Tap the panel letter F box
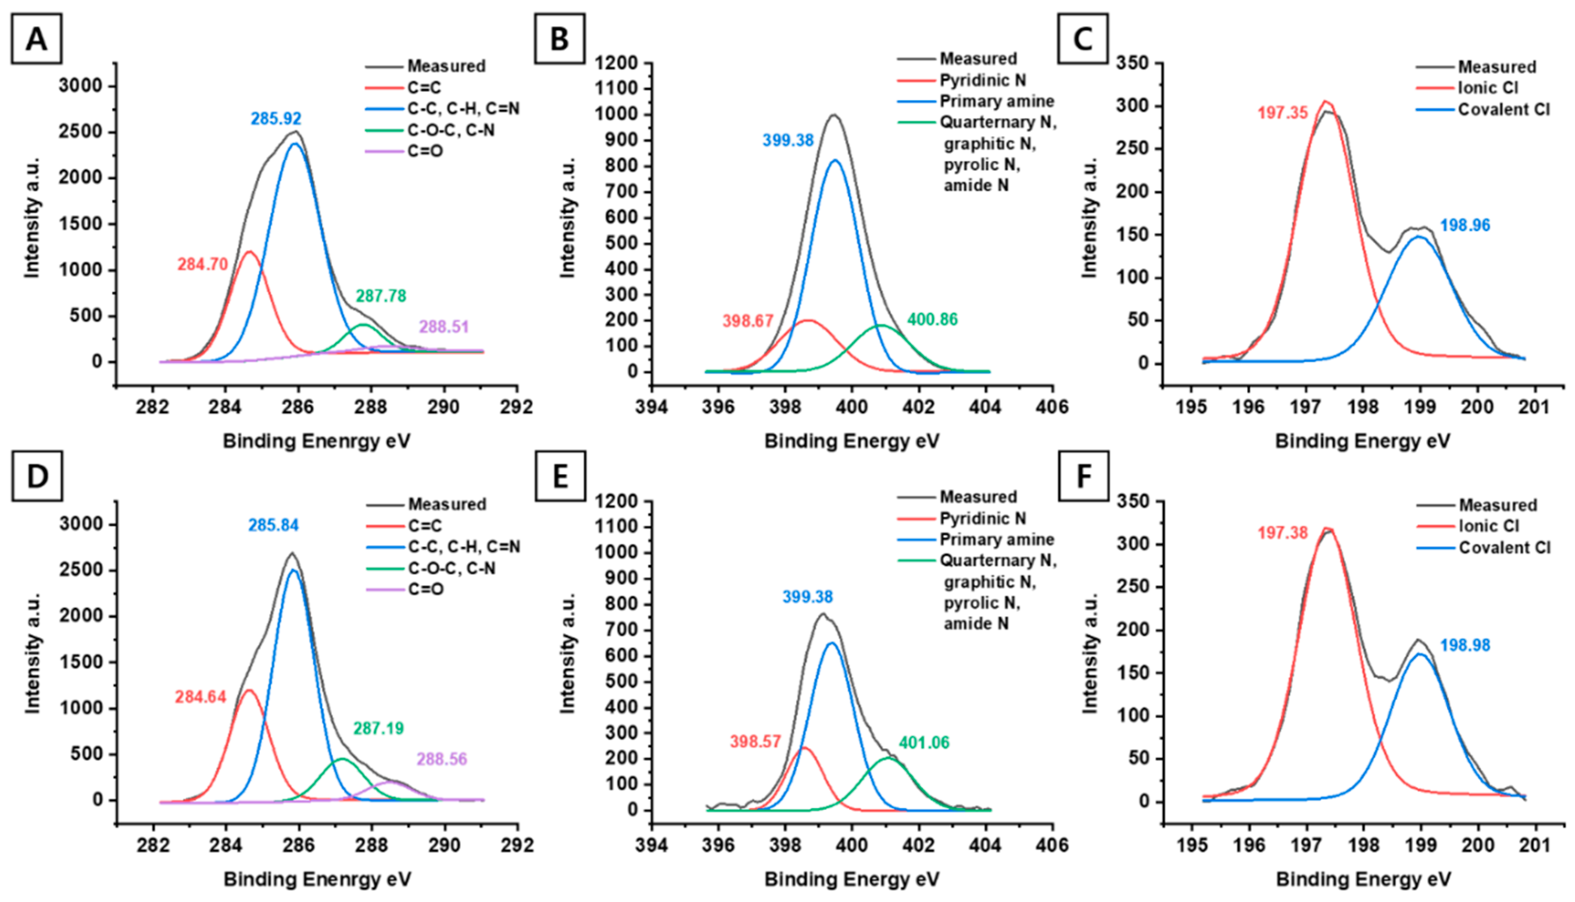[x=1083, y=477]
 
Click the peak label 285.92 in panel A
[x=276, y=118]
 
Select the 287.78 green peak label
[x=381, y=296]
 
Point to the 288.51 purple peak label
[x=443, y=326]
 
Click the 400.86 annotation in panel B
[x=932, y=320]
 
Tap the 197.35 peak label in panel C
[x=1283, y=113]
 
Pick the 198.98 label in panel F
[x=1465, y=645]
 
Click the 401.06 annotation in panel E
[x=924, y=742]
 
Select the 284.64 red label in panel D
[x=201, y=697]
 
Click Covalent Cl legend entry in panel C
[x=1503, y=109]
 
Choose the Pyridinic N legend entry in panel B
[x=982, y=81]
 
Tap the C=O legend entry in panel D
[x=425, y=588]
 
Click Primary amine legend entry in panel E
[x=997, y=540]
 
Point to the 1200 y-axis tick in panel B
[x=616, y=63]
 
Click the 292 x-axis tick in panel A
[x=517, y=407]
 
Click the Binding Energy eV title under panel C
[x=1363, y=441]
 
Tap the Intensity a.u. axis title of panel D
[x=32, y=654]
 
